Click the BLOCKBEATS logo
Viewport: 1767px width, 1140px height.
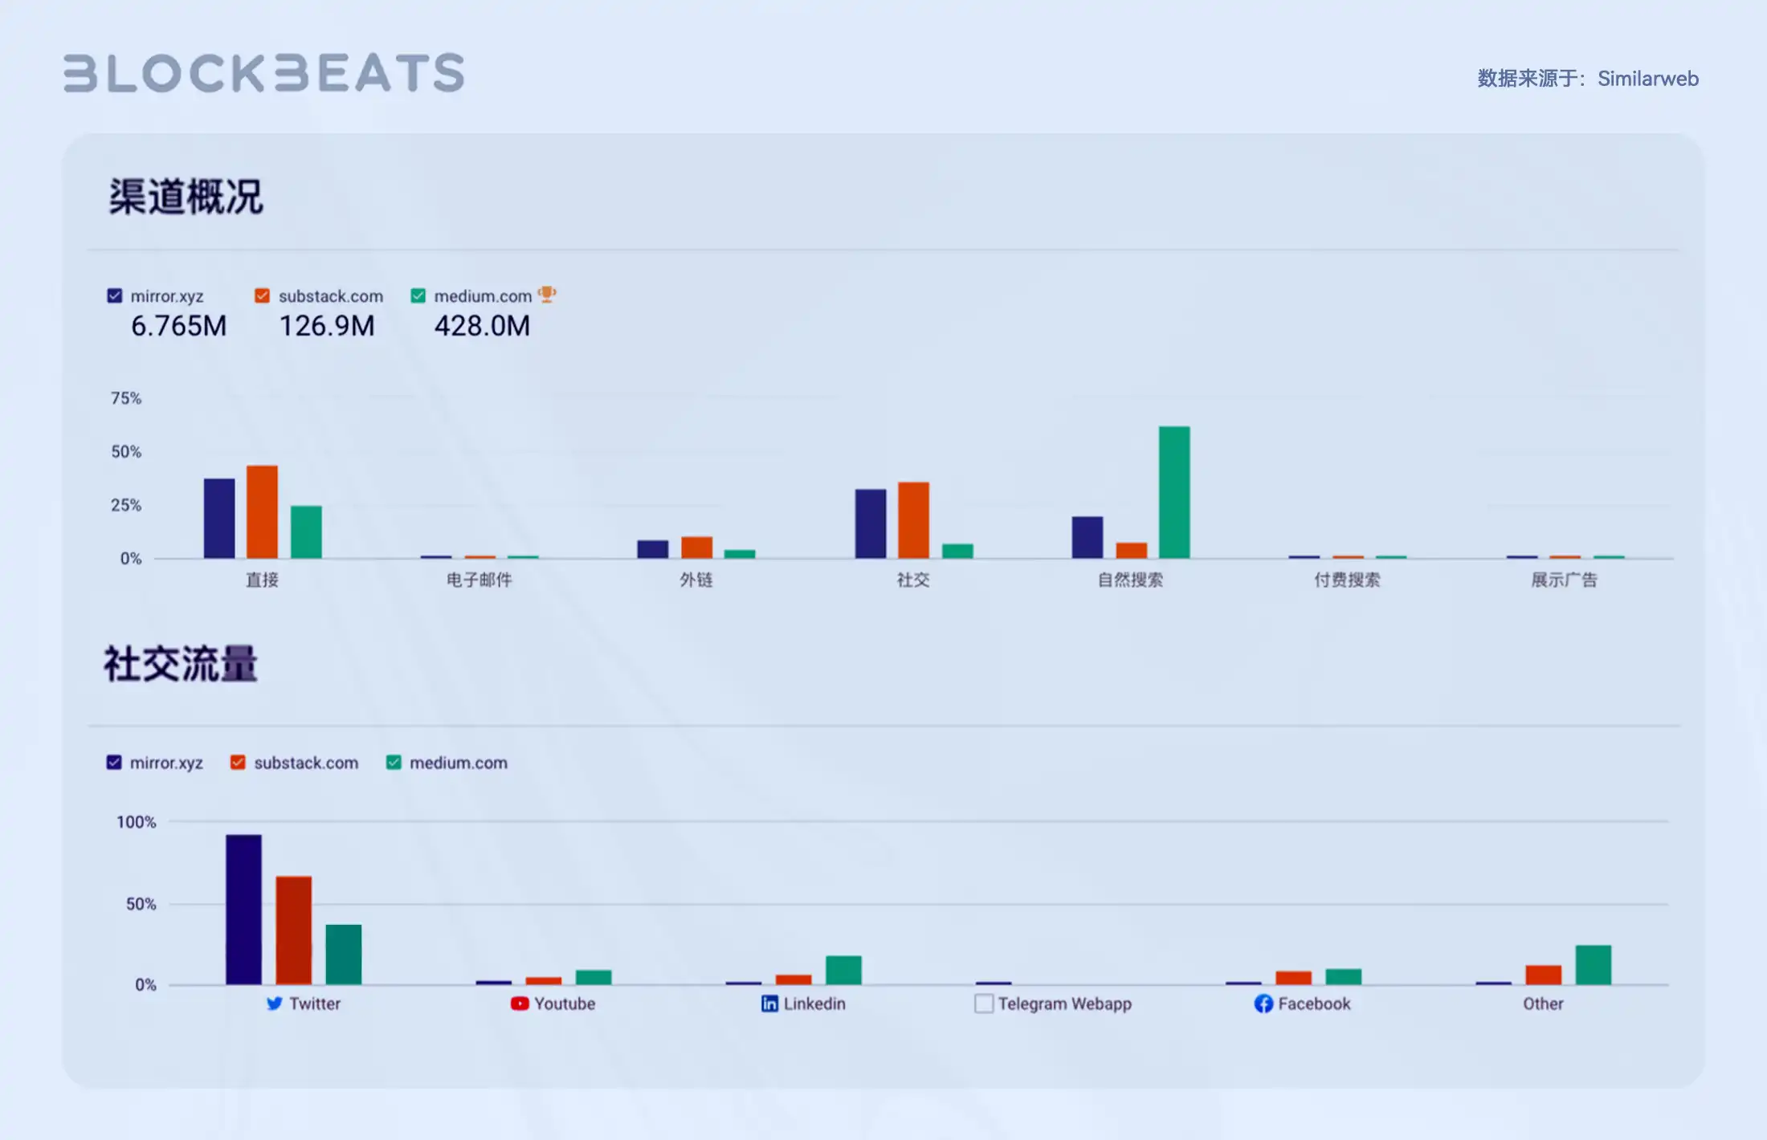coord(263,73)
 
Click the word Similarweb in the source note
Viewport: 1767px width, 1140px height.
coord(1647,79)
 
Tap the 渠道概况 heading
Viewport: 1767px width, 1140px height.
coord(186,197)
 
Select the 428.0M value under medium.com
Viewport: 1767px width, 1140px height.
coord(482,326)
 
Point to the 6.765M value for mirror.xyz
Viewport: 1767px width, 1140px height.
coord(178,326)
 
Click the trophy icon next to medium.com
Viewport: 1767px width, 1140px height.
coord(547,295)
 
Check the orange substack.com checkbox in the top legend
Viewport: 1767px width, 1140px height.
coord(262,295)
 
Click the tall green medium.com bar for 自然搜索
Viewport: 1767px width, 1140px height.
coord(1173,492)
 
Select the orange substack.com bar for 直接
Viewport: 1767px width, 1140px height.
coord(262,511)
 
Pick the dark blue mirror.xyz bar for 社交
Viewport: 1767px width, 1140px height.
coord(871,523)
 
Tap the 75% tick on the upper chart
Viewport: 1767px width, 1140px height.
coord(126,398)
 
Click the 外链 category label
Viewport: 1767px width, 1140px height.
coord(696,580)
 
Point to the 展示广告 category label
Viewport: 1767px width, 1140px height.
coord(1564,580)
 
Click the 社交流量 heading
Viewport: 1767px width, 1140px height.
coord(181,665)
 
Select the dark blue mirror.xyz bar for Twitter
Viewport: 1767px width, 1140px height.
coord(243,909)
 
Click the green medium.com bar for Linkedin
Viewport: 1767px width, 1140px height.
coord(843,970)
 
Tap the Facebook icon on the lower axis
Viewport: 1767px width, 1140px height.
coord(1263,1004)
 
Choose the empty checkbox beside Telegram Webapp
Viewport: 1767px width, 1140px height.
coord(984,1004)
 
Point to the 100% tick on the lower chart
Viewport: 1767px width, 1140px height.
coord(136,822)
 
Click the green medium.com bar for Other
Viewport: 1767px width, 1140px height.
coord(1593,965)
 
